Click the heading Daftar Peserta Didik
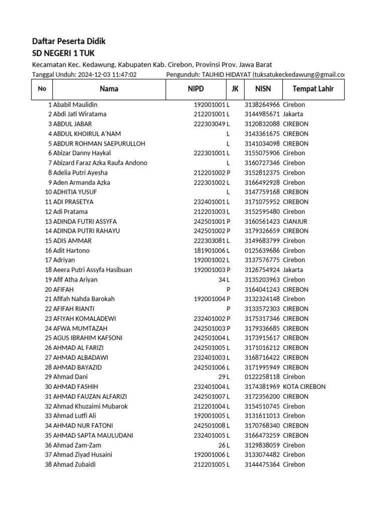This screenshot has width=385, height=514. point(69,41)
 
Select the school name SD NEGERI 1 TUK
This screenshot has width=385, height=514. point(63,53)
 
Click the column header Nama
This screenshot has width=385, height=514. point(109,89)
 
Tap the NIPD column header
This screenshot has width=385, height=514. point(196,89)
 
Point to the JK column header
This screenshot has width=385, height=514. point(235,89)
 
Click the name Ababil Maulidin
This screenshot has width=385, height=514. point(75,105)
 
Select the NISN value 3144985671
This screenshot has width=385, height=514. point(262,114)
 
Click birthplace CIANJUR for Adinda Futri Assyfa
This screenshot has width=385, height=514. point(295,221)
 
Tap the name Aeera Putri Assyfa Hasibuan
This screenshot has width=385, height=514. point(93,270)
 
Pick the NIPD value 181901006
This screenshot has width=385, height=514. point(210,250)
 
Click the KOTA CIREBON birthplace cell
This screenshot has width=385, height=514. point(304,387)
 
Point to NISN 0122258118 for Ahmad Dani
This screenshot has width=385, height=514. point(262,377)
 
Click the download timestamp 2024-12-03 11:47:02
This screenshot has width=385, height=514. point(107,75)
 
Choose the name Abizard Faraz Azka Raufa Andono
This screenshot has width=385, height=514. point(100,163)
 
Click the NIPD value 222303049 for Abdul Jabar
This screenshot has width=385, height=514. point(210,124)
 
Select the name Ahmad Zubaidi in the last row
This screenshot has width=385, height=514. point(74,464)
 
